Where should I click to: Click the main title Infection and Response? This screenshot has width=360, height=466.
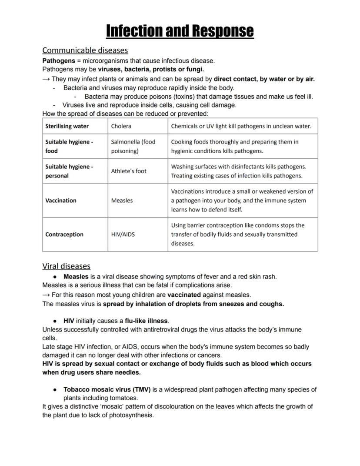pos(180,31)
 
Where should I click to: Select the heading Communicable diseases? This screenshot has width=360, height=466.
pos(85,50)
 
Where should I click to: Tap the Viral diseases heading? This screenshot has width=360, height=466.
pos(66,266)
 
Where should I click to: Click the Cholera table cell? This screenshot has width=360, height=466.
pos(121,126)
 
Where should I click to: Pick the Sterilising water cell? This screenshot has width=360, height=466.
pos(67,126)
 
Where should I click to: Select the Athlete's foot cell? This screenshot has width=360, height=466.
pos(129,171)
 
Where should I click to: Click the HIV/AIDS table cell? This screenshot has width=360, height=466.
pos(123,234)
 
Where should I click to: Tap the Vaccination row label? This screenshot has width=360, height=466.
pos(60,201)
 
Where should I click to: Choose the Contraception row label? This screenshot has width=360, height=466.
pos(64,234)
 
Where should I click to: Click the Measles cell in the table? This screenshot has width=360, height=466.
pos(122,201)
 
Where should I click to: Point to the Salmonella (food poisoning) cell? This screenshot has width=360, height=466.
pos(133,146)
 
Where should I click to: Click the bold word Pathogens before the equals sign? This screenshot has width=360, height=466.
pos(58,60)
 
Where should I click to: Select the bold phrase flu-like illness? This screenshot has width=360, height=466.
pos(146,321)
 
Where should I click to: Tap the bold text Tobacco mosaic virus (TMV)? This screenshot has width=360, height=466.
pos(107,389)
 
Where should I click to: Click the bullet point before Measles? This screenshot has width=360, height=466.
pos(55,277)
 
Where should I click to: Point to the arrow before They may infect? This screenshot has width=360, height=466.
pos(46,79)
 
